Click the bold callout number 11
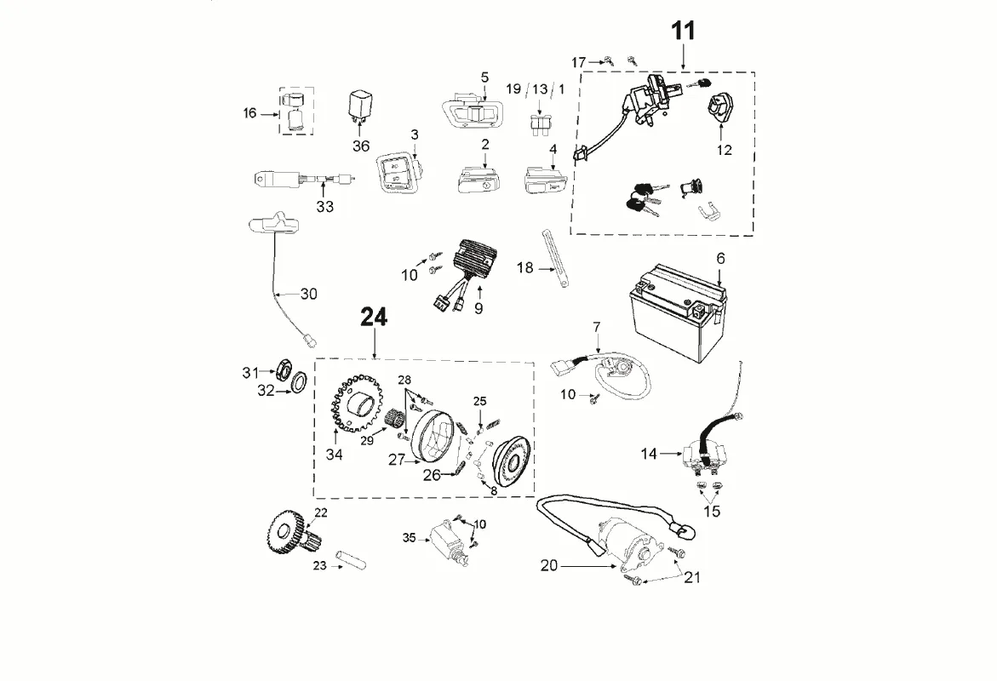coord(684,31)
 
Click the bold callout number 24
coord(374,318)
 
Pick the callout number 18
coord(524,268)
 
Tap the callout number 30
coord(308,294)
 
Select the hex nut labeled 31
coord(276,370)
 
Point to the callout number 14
coord(650,455)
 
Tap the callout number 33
coord(325,206)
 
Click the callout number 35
coord(410,538)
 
